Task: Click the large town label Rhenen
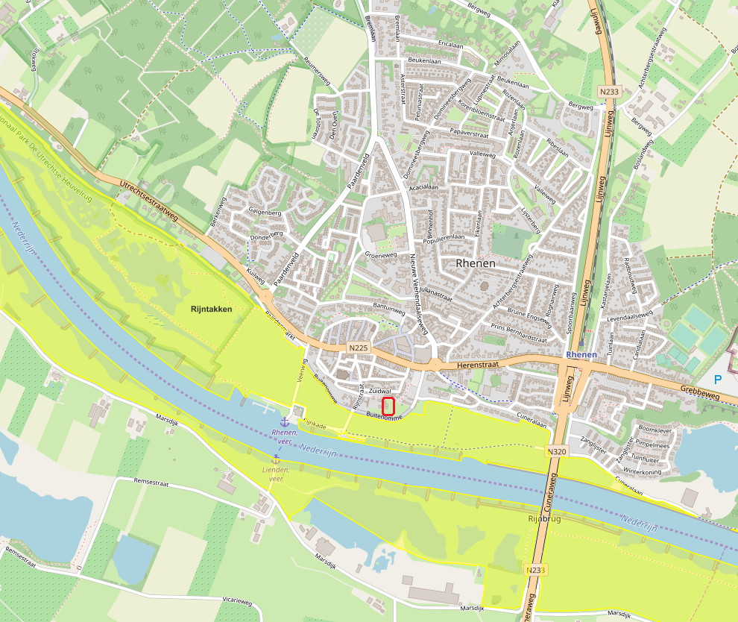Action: [475, 263]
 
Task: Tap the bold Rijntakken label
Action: [211, 309]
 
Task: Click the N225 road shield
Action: [358, 347]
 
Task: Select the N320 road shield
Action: [555, 451]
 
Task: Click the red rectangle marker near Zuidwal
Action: [388, 406]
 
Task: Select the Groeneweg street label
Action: [379, 255]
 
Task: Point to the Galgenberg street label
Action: [265, 213]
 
